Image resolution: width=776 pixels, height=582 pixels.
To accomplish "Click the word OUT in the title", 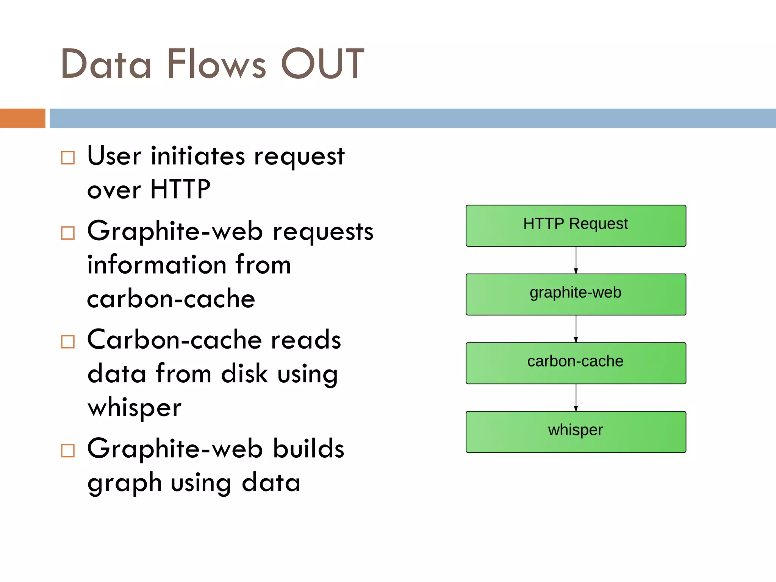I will point(322,64).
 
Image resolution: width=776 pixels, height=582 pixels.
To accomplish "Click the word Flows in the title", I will point(216,64).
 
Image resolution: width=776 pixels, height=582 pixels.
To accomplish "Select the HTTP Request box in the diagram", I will point(576,225).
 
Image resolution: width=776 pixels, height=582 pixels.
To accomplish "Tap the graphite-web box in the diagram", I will point(576,294).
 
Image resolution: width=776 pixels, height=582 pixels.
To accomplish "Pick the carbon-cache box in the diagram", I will point(576,363).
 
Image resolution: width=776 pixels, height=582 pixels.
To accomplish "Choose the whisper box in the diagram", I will point(576,432).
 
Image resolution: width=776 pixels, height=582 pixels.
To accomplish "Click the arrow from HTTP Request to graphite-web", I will point(576,260).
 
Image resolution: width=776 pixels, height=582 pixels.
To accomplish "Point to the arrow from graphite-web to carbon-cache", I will point(576,329).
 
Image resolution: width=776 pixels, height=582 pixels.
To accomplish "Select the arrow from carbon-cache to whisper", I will point(576,397).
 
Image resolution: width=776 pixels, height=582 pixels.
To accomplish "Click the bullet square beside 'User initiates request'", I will point(68,158).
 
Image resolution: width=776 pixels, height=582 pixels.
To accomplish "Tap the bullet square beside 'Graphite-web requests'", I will point(68,233).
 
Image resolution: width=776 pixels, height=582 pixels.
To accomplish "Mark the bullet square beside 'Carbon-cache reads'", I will point(68,342).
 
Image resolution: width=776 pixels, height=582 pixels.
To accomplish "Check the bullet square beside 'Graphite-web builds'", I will point(68,451).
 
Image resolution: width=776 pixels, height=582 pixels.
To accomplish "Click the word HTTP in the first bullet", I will point(180,189).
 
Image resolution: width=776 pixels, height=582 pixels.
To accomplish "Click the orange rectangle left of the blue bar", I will point(22,118).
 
